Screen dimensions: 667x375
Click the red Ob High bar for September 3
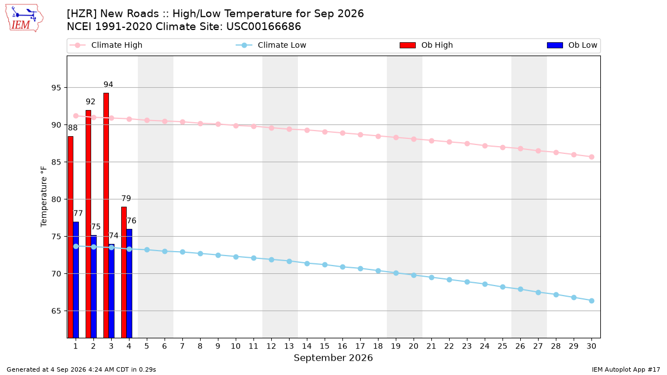click(x=106, y=215)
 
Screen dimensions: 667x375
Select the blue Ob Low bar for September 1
click(x=76, y=280)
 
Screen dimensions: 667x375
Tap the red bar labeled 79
click(x=124, y=272)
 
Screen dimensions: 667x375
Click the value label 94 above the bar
click(x=108, y=84)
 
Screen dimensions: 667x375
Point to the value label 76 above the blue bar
click(x=132, y=221)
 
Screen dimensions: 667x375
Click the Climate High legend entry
click(x=106, y=45)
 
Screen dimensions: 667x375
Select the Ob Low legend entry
click(x=572, y=45)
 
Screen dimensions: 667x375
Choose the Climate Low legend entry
click(x=271, y=45)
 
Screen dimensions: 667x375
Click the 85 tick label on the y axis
click(x=56, y=162)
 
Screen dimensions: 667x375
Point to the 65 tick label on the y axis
click(x=56, y=311)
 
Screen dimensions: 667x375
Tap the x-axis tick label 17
click(x=360, y=346)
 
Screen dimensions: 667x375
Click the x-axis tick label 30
click(x=591, y=346)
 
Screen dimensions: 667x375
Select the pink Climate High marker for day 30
click(x=591, y=157)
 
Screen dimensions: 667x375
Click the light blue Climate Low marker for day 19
click(x=396, y=273)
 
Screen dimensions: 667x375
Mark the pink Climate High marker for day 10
click(x=236, y=126)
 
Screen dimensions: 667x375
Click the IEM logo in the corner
click(x=24, y=18)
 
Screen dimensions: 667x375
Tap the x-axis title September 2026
click(x=333, y=358)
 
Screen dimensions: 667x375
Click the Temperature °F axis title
click(x=44, y=197)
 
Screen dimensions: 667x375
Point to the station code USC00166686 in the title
click(x=263, y=27)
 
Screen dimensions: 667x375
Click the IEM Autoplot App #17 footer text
click(x=626, y=369)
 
